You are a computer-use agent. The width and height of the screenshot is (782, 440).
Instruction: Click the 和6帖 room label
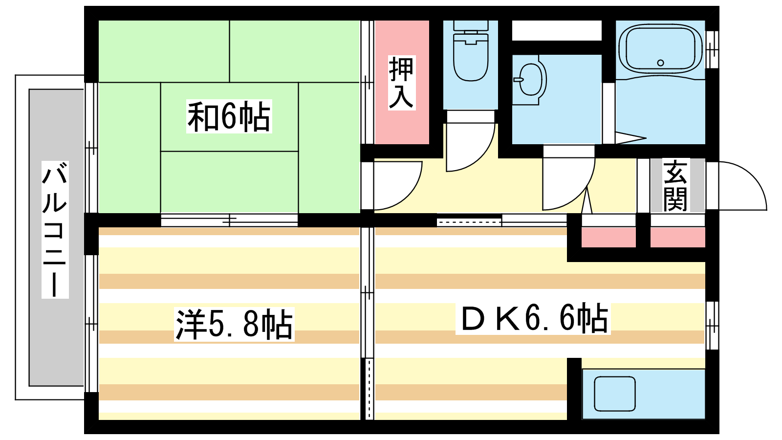(229, 117)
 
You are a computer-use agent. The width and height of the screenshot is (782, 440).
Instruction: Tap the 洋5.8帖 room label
(234, 325)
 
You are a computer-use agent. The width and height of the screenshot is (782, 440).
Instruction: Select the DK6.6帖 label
(533, 319)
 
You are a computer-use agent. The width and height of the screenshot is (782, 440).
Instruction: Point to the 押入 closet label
(402, 83)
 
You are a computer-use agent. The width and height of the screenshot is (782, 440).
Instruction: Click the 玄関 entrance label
(675, 185)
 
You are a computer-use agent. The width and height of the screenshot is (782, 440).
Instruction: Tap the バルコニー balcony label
(55, 229)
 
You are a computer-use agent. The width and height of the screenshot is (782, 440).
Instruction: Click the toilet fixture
(471, 51)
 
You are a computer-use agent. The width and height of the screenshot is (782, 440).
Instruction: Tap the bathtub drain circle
(660, 63)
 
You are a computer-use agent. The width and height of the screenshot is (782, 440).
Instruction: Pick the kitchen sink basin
(615, 394)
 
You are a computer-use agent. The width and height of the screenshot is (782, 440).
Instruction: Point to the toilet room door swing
(471, 147)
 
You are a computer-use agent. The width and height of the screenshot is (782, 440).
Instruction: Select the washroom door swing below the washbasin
(569, 184)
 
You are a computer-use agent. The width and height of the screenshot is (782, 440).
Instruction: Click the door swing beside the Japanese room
(398, 185)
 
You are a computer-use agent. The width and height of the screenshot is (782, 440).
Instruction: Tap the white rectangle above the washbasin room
(557, 30)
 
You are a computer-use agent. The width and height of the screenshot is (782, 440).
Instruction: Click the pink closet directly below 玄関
(677, 238)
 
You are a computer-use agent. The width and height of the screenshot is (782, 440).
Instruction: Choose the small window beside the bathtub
(712, 49)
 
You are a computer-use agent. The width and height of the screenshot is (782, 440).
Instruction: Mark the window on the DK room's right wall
(712, 326)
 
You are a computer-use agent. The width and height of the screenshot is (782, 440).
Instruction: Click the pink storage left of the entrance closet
(608, 238)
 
